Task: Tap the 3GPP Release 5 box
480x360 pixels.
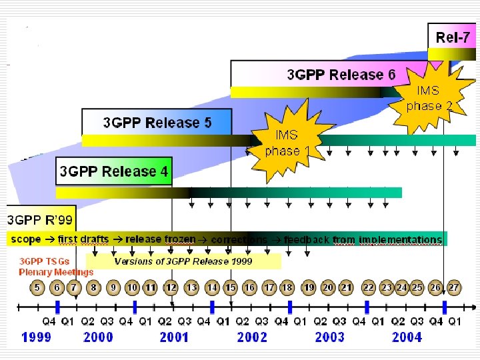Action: (157, 123)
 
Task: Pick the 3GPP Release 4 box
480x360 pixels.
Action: (114, 171)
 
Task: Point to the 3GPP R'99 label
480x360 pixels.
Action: (41, 219)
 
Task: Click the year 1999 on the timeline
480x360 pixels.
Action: (37, 337)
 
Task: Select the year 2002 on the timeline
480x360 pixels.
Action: (252, 337)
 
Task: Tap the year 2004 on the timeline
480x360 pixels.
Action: (407, 337)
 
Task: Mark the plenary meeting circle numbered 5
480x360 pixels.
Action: (37, 287)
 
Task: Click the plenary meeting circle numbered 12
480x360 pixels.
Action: (171, 287)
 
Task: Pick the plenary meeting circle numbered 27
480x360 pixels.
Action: (453, 287)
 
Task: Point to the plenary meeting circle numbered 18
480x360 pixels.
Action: (287, 287)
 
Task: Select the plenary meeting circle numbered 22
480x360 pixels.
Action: (368, 287)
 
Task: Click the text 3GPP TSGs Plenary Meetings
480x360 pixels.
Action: (56, 267)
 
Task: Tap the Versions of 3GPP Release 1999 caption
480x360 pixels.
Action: (183, 261)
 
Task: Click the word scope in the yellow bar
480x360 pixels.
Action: (25, 239)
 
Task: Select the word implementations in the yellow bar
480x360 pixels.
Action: (400, 239)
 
